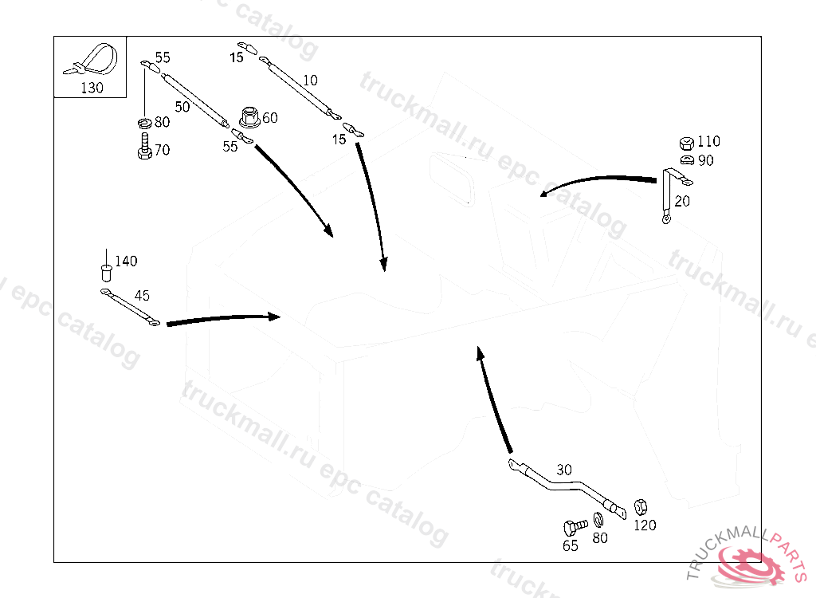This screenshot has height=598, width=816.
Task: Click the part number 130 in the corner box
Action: click(x=92, y=88)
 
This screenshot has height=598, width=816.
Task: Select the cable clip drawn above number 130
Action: click(x=93, y=60)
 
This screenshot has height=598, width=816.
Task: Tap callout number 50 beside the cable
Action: click(x=182, y=107)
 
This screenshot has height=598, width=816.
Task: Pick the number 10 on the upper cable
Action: click(x=310, y=80)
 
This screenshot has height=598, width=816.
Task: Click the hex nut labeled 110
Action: click(x=685, y=144)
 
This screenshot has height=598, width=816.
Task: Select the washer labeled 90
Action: click(x=685, y=159)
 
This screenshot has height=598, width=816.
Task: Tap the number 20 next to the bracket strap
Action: click(x=683, y=201)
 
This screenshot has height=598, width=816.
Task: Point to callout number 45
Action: click(x=142, y=296)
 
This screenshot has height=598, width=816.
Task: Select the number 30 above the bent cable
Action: click(x=564, y=470)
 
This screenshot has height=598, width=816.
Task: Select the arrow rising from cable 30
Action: click(x=494, y=399)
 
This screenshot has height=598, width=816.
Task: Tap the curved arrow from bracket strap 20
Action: click(x=598, y=181)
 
